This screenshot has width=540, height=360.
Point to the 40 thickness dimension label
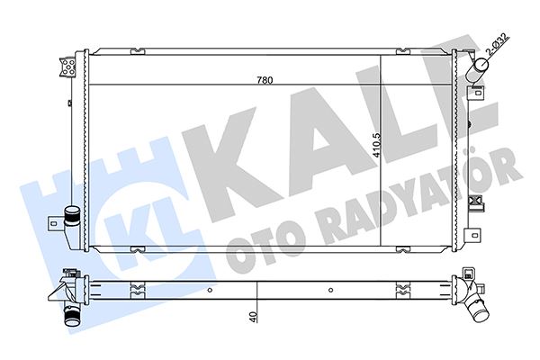tap(255, 316)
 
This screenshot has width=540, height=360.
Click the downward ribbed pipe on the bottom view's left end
tap(68, 315)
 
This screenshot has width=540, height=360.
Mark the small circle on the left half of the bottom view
tap(209, 290)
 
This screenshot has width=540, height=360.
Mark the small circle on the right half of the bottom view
tap(332, 290)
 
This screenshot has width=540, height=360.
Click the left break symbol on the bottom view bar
tap(135, 290)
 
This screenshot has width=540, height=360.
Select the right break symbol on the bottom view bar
tap(401, 290)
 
